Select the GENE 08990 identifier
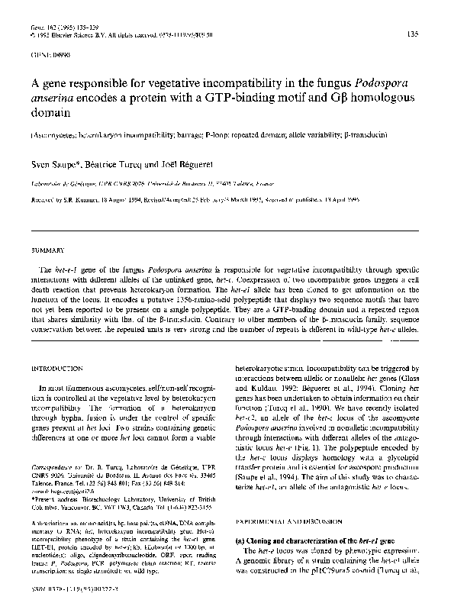44,56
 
